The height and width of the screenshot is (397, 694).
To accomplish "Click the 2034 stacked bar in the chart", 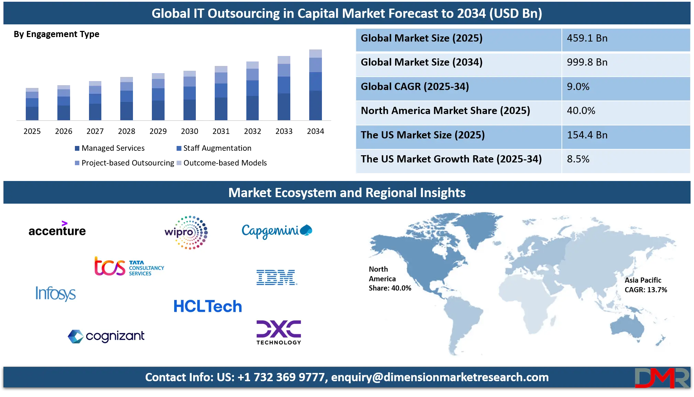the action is click(x=315, y=85).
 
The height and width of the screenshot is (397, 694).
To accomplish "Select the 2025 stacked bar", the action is click(x=32, y=104).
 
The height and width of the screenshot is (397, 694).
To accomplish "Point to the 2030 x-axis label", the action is click(x=190, y=131).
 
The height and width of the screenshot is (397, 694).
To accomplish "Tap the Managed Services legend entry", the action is click(x=110, y=148).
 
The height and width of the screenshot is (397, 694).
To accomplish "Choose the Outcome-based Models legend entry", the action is click(x=222, y=163).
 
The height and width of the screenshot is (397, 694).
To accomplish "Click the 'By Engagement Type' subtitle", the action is click(x=56, y=34).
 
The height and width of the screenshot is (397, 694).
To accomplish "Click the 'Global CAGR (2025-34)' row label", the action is click(x=415, y=87).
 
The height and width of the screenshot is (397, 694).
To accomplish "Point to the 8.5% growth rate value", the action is click(x=578, y=159).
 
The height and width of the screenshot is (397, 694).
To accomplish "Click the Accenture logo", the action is click(x=57, y=229).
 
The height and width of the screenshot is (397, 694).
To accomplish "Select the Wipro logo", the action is click(x=186, y=232).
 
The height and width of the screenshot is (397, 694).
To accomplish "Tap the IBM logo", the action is click(x=277, y=277).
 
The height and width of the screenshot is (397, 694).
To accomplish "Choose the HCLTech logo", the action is click(x=208, y=306).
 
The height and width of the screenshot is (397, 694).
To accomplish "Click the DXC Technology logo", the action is click(x=279, y=332).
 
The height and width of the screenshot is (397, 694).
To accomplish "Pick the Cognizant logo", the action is click(x=106, y=336).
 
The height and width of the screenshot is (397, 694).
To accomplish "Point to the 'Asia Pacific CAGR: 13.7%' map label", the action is click(x=646, y=285).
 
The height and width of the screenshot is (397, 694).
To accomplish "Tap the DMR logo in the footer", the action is click(x=662, y=378).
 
